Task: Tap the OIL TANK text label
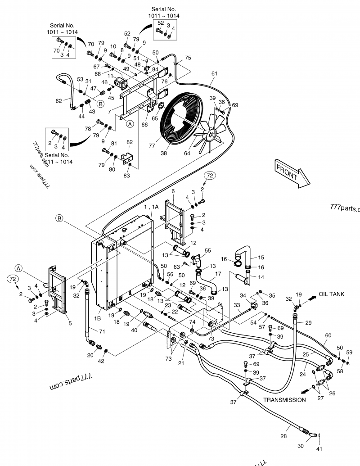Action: [x=332, y=294]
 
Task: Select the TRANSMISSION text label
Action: [x=284, y=399]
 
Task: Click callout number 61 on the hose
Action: [x=214, y=73]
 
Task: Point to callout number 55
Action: [x=207, y=250]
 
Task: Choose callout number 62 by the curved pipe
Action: [x=58, y=101]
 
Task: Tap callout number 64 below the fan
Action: [x=186, y=154]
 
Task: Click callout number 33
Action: [x=236, y=305]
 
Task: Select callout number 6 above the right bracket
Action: [x=173, y=191]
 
